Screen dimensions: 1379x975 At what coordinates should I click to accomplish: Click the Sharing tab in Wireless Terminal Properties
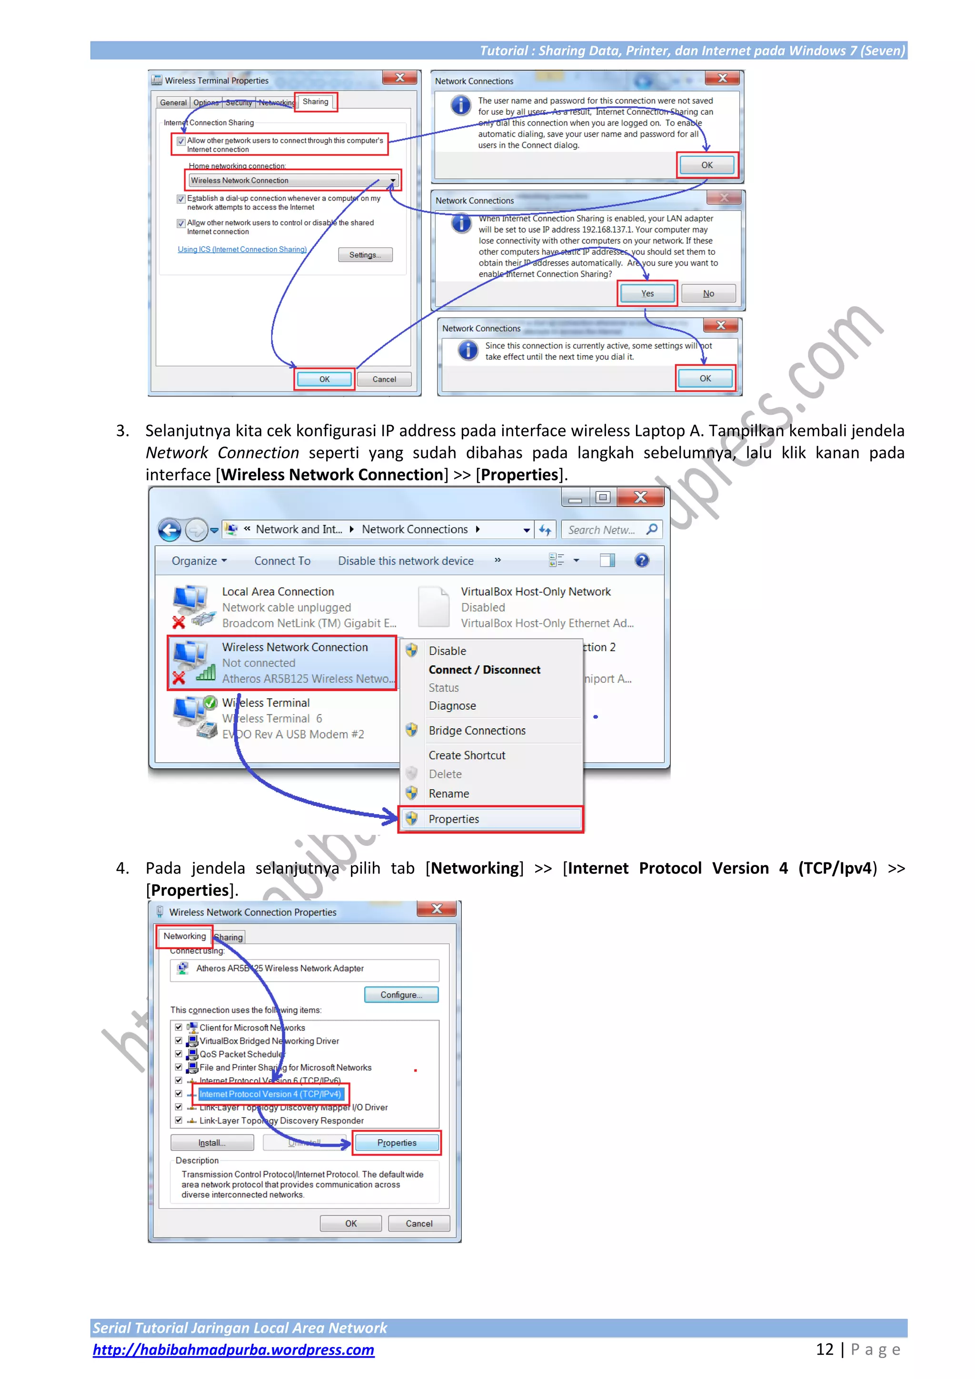315,101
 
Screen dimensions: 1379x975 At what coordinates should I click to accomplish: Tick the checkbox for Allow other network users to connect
181,141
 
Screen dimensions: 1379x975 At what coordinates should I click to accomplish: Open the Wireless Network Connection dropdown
393,180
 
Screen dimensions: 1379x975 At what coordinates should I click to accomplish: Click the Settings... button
365,255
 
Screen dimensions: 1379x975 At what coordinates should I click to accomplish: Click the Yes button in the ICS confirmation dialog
647,293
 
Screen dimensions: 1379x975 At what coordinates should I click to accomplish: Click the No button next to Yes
708,293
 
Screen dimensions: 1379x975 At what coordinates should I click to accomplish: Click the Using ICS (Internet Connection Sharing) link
242,249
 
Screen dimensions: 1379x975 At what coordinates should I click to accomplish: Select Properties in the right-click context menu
454,819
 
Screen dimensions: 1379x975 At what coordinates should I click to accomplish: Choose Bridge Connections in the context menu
477,730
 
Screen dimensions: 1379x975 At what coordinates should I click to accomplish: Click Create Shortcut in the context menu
467,755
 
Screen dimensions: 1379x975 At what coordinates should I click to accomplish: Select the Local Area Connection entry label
278,592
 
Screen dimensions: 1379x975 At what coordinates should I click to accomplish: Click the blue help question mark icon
642,560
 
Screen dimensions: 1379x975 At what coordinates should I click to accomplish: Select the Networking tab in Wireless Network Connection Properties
184,936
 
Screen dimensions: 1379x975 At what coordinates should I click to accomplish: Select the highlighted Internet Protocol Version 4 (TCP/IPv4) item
270,1094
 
